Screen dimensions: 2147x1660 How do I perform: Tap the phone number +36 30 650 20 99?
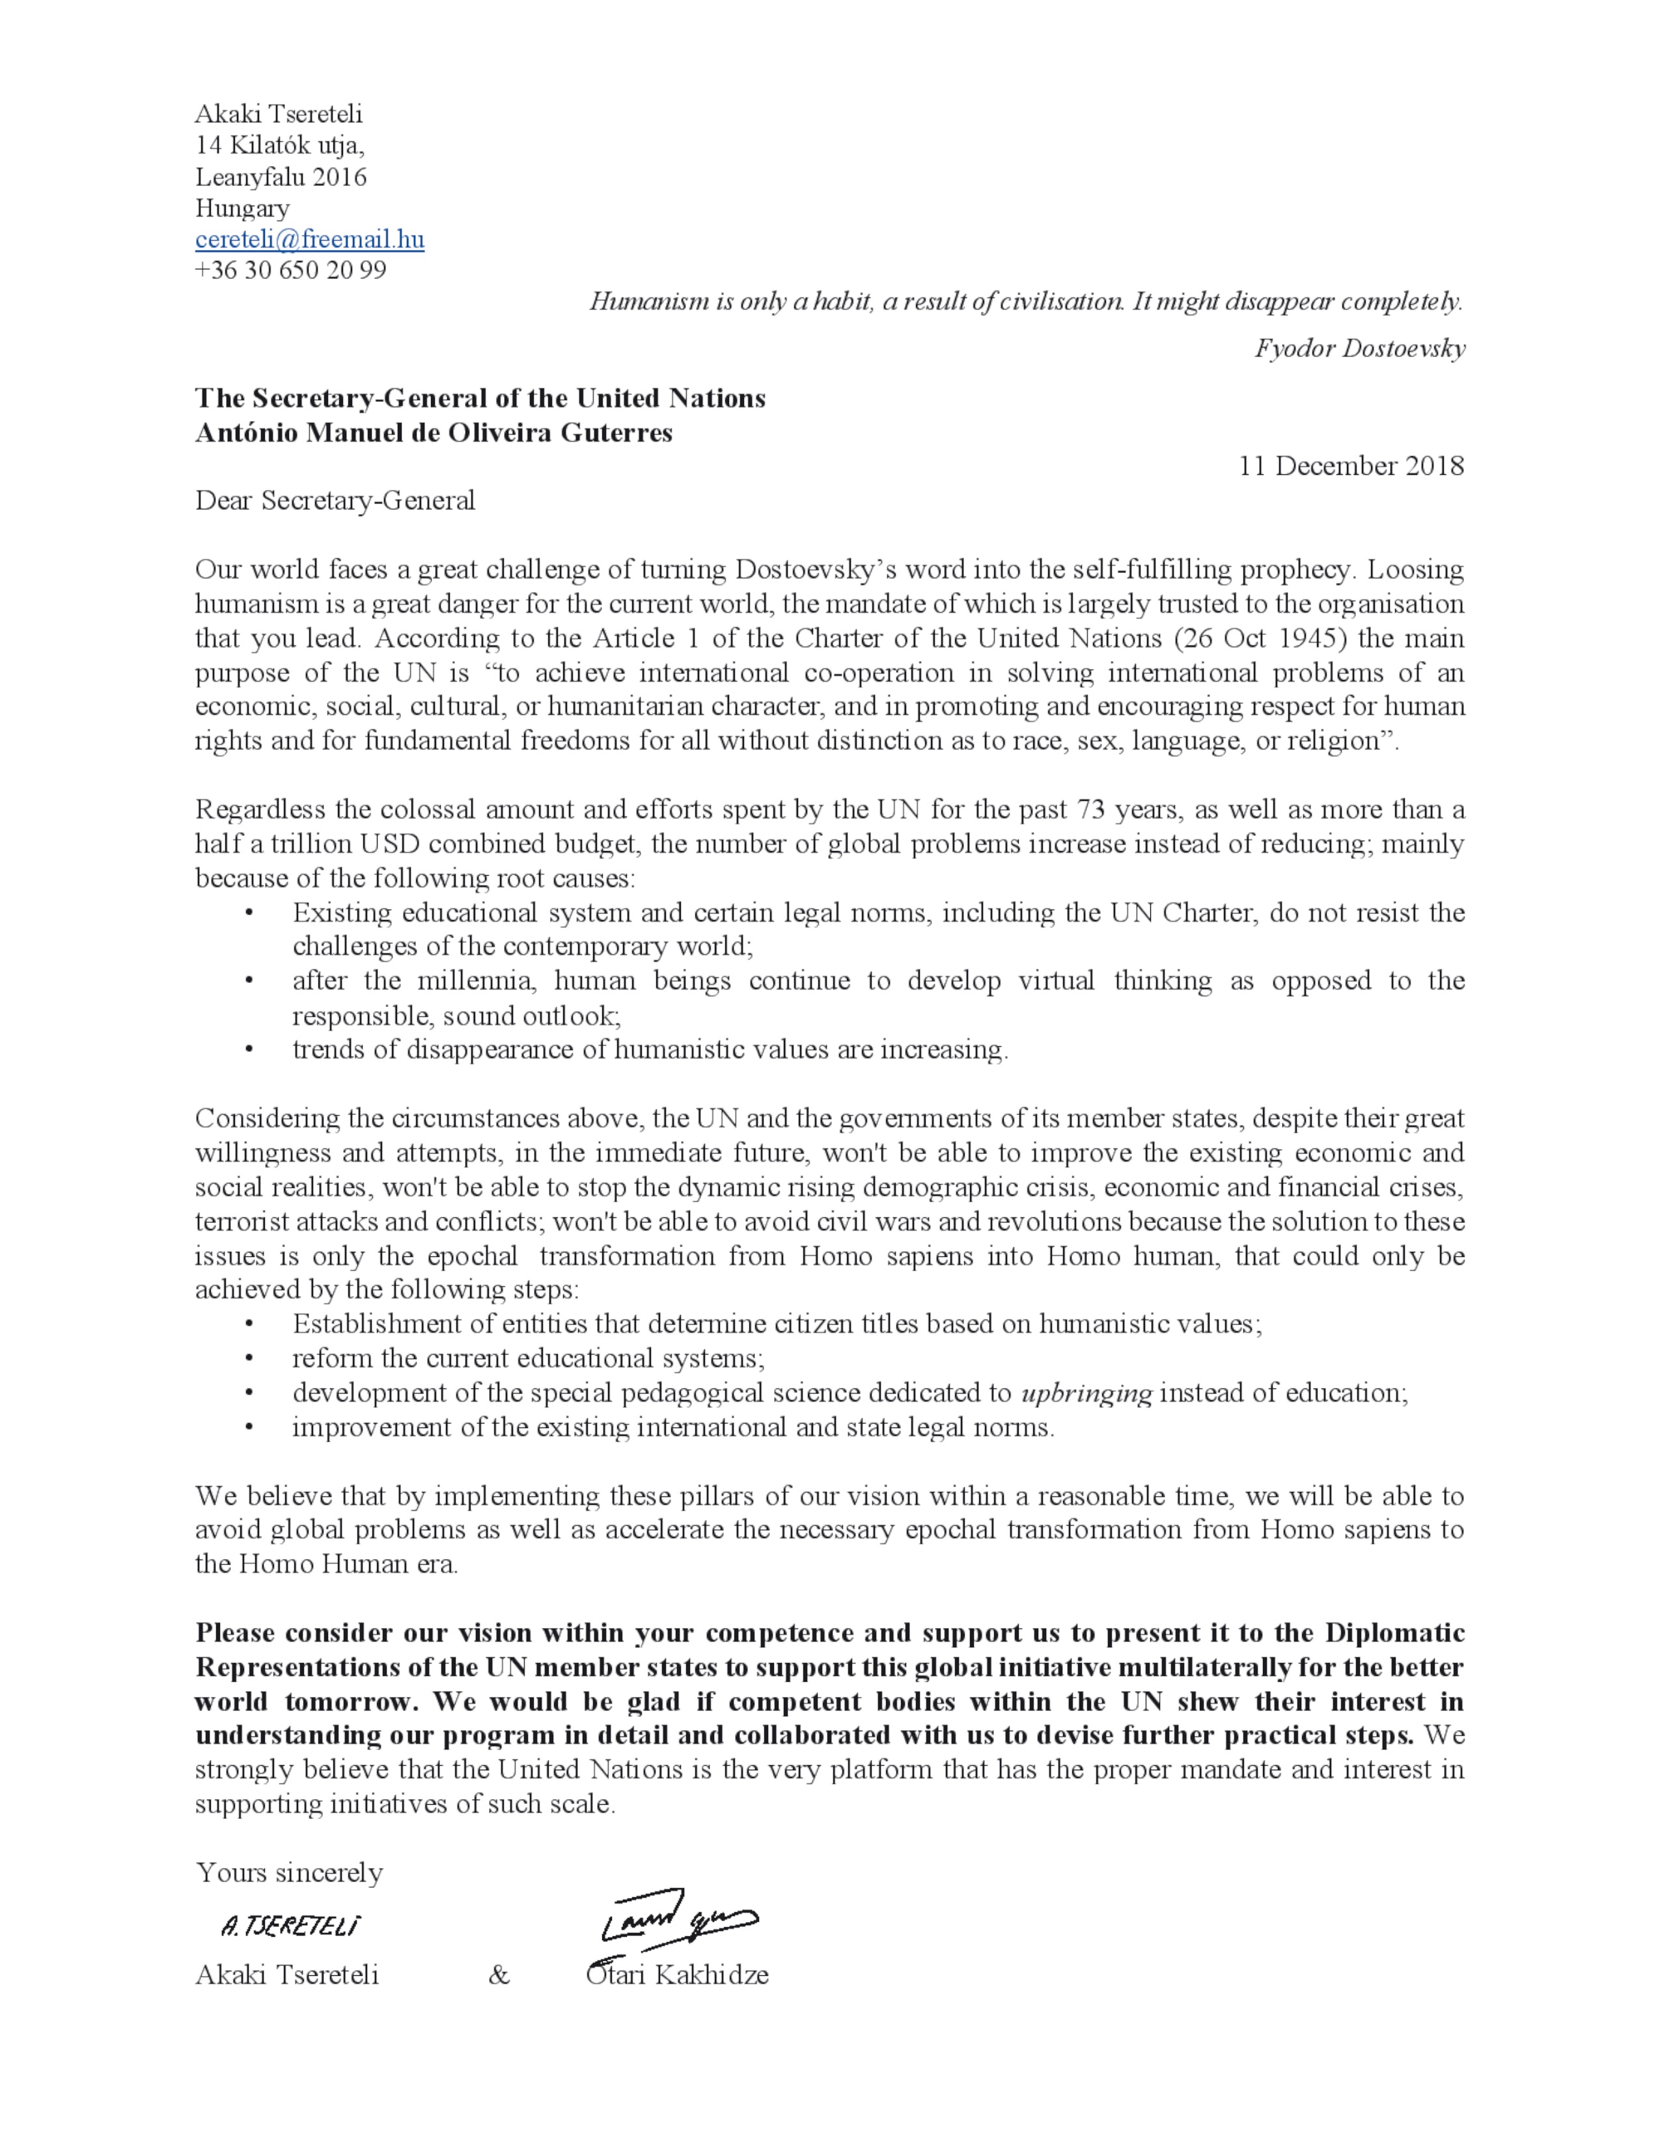(290, 271)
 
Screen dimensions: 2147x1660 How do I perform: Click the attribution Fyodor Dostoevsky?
(1359, 348)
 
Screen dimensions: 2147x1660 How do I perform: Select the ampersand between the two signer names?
(499, 1975)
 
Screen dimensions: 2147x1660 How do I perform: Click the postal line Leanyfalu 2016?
(281, 177)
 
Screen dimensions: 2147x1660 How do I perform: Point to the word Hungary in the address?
(242, 208)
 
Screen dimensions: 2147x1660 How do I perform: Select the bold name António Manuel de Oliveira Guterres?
(434, 433)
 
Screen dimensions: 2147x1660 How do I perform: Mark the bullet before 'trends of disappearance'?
(250, 1050)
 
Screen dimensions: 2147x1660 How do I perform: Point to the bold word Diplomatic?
(1394, 1633)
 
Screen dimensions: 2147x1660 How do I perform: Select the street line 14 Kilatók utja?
(279, 146)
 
